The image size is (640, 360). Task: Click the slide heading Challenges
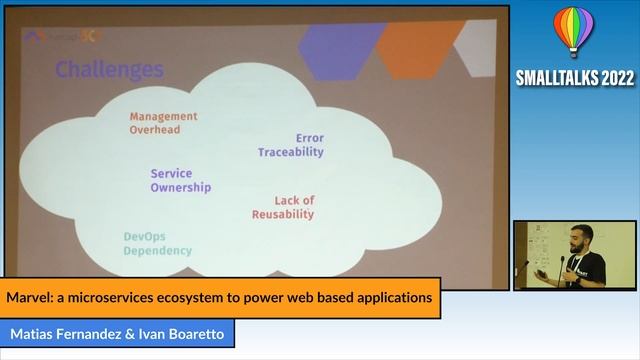[109, 70]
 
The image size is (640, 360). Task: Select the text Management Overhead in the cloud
[163, 123]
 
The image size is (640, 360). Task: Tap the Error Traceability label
[291, 145]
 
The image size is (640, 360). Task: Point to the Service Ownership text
[181, 180]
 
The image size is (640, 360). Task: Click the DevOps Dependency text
[157, 243]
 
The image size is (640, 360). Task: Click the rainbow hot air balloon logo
[572, 32]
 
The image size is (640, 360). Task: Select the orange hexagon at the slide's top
[420, 45]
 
